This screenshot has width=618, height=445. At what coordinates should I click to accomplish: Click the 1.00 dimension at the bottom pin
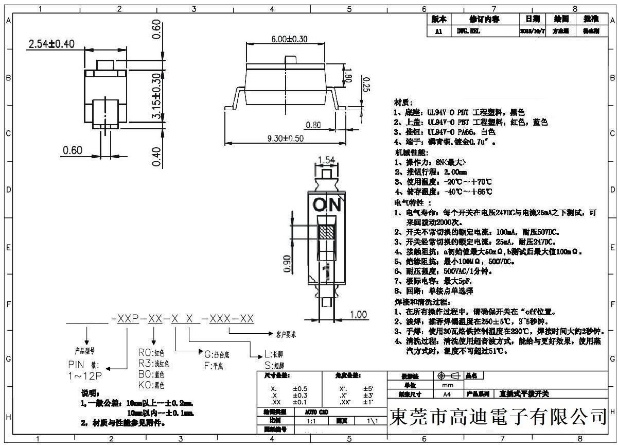pyautogui.click(x=358, y=315)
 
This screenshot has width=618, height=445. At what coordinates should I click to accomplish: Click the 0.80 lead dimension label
pyautogui.click(x=313, y=125)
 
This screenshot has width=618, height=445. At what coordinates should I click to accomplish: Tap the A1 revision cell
pyautogui.click(x=438, y=31)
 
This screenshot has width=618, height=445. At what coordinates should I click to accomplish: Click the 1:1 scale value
pyautogui.click(x=311, y=421)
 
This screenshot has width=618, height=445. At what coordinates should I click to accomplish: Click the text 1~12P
pyautogui.click(x=85, y=376)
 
